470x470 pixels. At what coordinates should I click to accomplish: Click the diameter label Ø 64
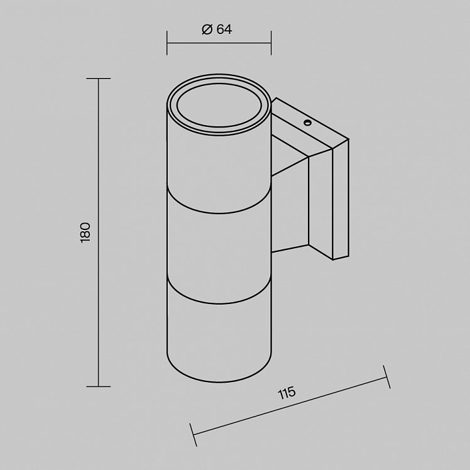217,30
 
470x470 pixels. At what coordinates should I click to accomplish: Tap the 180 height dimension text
85,232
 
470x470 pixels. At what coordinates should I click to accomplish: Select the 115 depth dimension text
287,393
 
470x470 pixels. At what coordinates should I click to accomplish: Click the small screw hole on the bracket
307,123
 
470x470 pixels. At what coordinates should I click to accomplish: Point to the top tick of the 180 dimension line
98,79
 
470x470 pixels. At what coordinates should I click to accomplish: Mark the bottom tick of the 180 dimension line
98,386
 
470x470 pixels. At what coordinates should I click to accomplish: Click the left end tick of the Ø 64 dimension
167,43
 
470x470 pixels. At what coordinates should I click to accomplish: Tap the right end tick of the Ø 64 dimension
271,43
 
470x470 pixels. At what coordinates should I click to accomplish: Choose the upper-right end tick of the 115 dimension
387,377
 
